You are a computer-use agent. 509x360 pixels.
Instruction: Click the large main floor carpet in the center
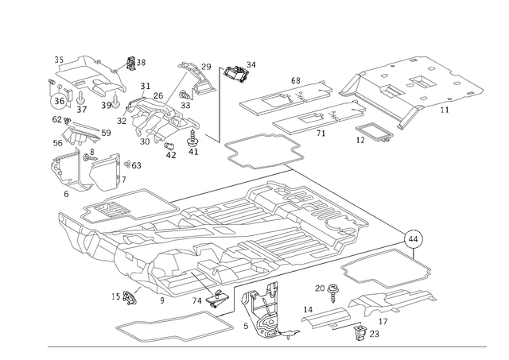pyautogui.click(x=239, y=230)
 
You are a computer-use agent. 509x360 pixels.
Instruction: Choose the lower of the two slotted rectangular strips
pyautogui.click(x=306, y=119)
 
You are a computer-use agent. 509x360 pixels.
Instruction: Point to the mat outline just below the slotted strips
pyautogui.click(x=262, y=151)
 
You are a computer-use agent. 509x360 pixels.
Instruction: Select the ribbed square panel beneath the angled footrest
pyautogui.click(x=159, y=115)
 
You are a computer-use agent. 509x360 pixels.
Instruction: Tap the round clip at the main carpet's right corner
pyautogui.click(x=414, y=236)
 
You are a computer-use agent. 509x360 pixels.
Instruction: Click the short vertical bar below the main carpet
pyautogui.click(x=232, y=300)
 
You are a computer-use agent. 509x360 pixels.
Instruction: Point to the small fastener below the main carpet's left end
pyautogui.click(x=127, y=298)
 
